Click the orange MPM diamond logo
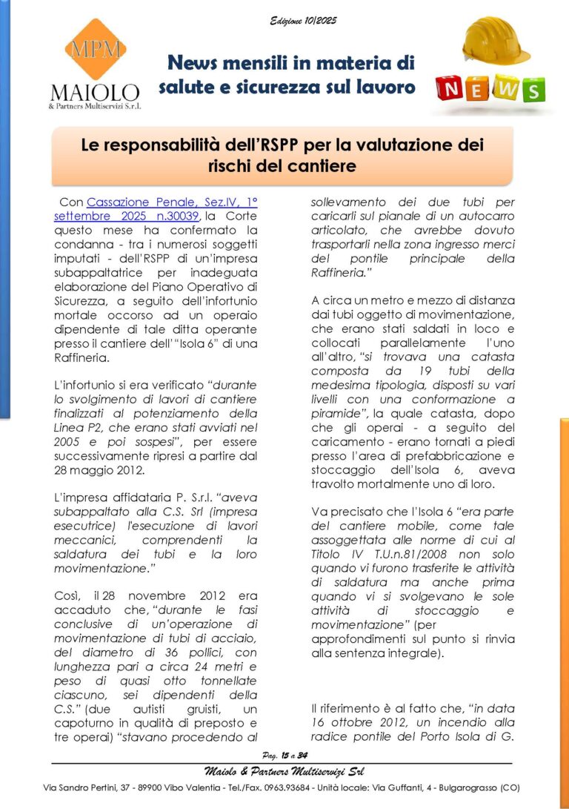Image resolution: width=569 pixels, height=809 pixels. pyautogui.click(x=94, y=49)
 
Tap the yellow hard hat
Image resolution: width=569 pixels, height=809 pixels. pyautogui.click(x=495, y=41)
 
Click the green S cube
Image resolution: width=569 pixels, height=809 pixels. pyautogui.click(x=532, y=90)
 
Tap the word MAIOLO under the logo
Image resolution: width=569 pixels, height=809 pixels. pyautogui.click(x=94, y=93)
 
